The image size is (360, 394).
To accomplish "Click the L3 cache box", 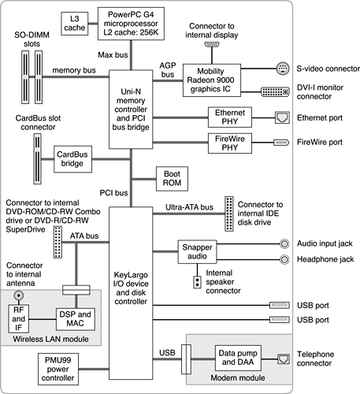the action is (x=75, y=24).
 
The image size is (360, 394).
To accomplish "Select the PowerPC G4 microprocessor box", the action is (x=131, y=24).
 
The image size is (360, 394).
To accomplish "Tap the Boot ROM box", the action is (x=172, y=179).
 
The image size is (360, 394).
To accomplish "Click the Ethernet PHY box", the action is (x=230, y=117).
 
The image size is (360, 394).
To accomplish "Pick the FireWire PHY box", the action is (x=230, y=143).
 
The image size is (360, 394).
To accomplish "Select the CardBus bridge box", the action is (x=72, y=159).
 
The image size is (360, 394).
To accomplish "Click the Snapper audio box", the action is (x=197, y=251).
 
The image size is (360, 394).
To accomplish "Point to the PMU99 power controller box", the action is (x=58, y=369).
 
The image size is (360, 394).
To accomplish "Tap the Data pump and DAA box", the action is (x=238, y=358).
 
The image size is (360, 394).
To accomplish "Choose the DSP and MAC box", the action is (x=76, y=319).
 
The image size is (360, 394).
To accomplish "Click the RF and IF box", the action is (x=18, y=319).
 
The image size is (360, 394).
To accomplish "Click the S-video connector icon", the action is (x=283, y=69).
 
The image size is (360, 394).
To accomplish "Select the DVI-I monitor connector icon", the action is (x=275, y=92).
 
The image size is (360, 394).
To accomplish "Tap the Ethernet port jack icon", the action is (x=282, y=117).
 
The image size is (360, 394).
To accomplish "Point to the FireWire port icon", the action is (x=281, y=143).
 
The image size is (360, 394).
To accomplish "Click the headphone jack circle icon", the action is (x=284, y=259).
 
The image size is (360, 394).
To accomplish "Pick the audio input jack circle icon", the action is (x=284, y=243).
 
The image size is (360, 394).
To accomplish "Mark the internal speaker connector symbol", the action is (x=197, y=282).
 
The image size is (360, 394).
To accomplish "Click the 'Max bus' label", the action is (x=113, y=55).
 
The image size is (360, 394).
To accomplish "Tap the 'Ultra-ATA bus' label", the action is (x=189, y=207).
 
